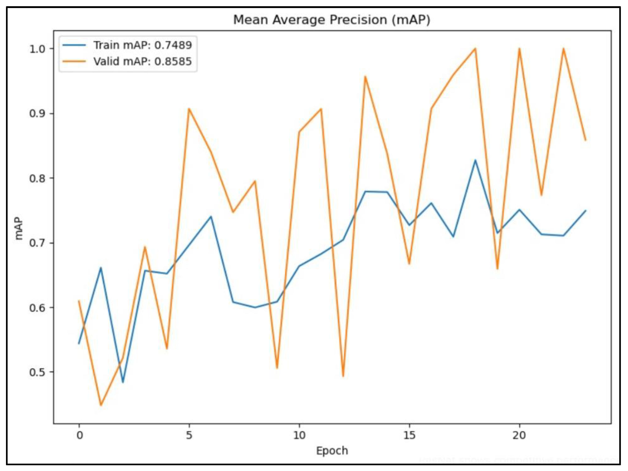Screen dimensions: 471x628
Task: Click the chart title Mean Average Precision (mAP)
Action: point(332,20)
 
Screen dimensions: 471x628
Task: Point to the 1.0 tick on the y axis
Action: point(37,49)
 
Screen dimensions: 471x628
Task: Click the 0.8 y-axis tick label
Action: point(37,178)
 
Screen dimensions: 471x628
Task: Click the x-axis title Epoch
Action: point(332,451)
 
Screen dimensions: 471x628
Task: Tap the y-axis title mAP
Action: point(19,228)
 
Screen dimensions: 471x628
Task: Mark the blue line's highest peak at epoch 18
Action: point(475,160)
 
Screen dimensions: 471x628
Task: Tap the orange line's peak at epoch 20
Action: point(519,49)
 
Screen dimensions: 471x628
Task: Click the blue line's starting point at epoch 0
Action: point(79,344)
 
